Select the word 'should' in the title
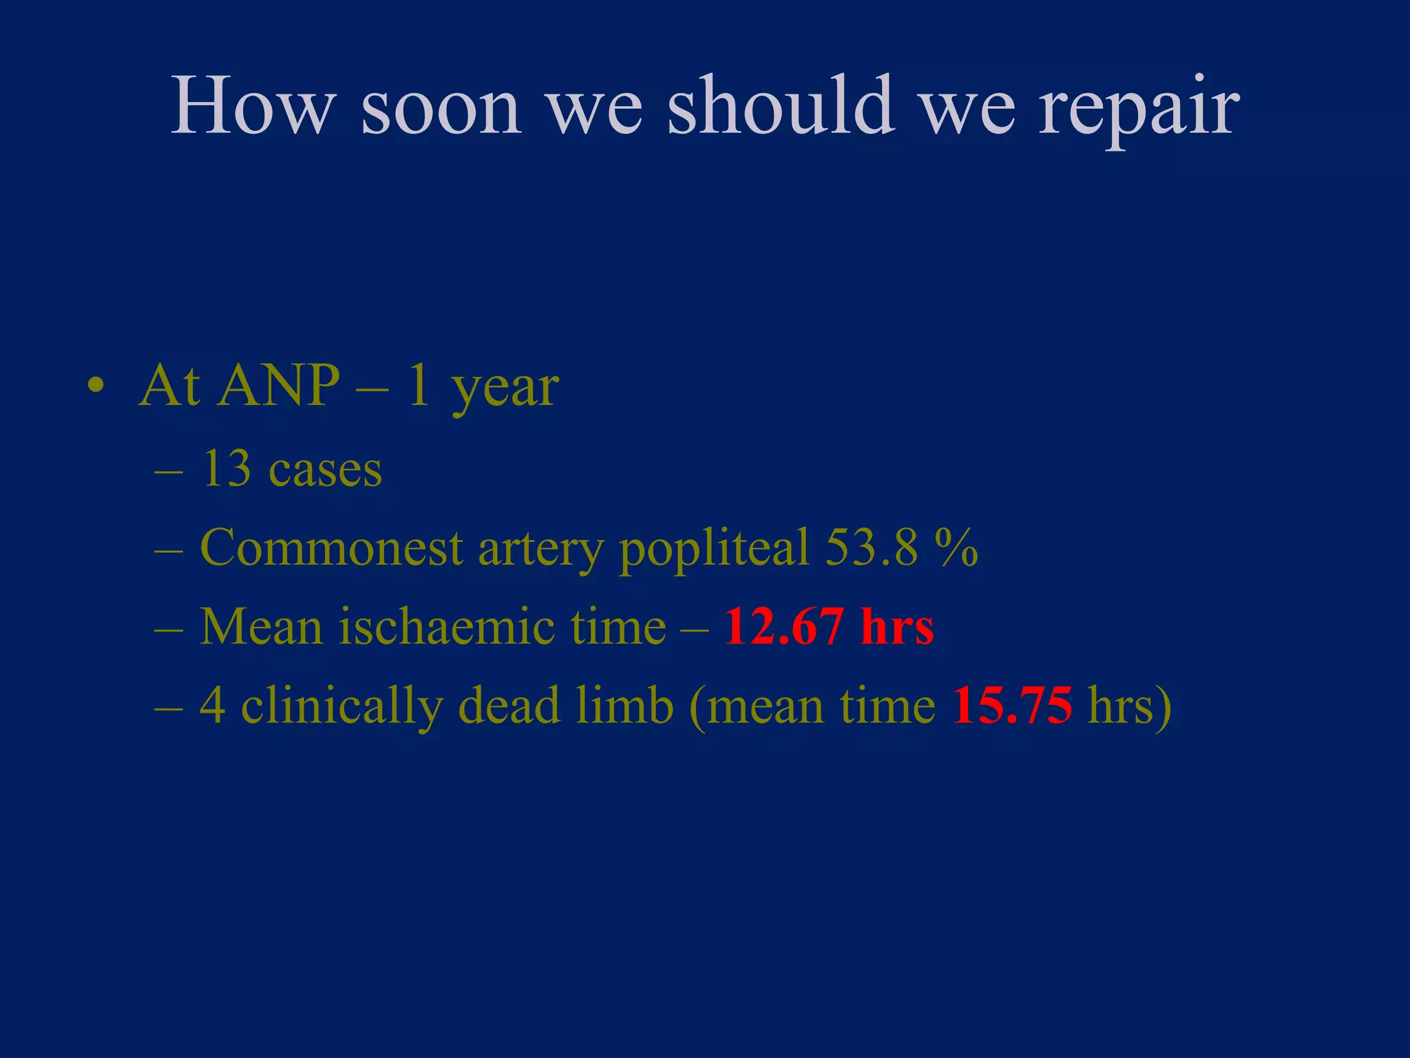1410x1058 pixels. click(x=781, y=107)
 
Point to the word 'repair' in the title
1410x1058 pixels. click(x=1139, y=110)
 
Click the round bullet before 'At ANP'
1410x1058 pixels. click(x=96, y=386)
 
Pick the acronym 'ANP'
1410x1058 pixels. click(x=279, y=386)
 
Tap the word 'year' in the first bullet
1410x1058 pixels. click(x=505, y=391)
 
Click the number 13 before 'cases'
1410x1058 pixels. click(x=226, y=470)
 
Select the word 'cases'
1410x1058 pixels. click(x=325, y=473)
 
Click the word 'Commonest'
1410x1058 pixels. click(x=331, y=548)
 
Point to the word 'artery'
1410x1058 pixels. click(x=540, y=551)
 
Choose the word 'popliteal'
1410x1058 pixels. click(x=714, y=551)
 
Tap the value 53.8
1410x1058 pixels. click(x=872, y=548)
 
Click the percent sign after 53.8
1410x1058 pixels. click(x=957, y=548)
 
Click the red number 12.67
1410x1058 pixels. click(x=783, y=627)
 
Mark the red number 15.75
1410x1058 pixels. click(x=1012, y=706)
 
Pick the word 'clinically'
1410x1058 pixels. click(x=341, y=708)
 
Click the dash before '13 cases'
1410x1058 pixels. click(x=169, y=473)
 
